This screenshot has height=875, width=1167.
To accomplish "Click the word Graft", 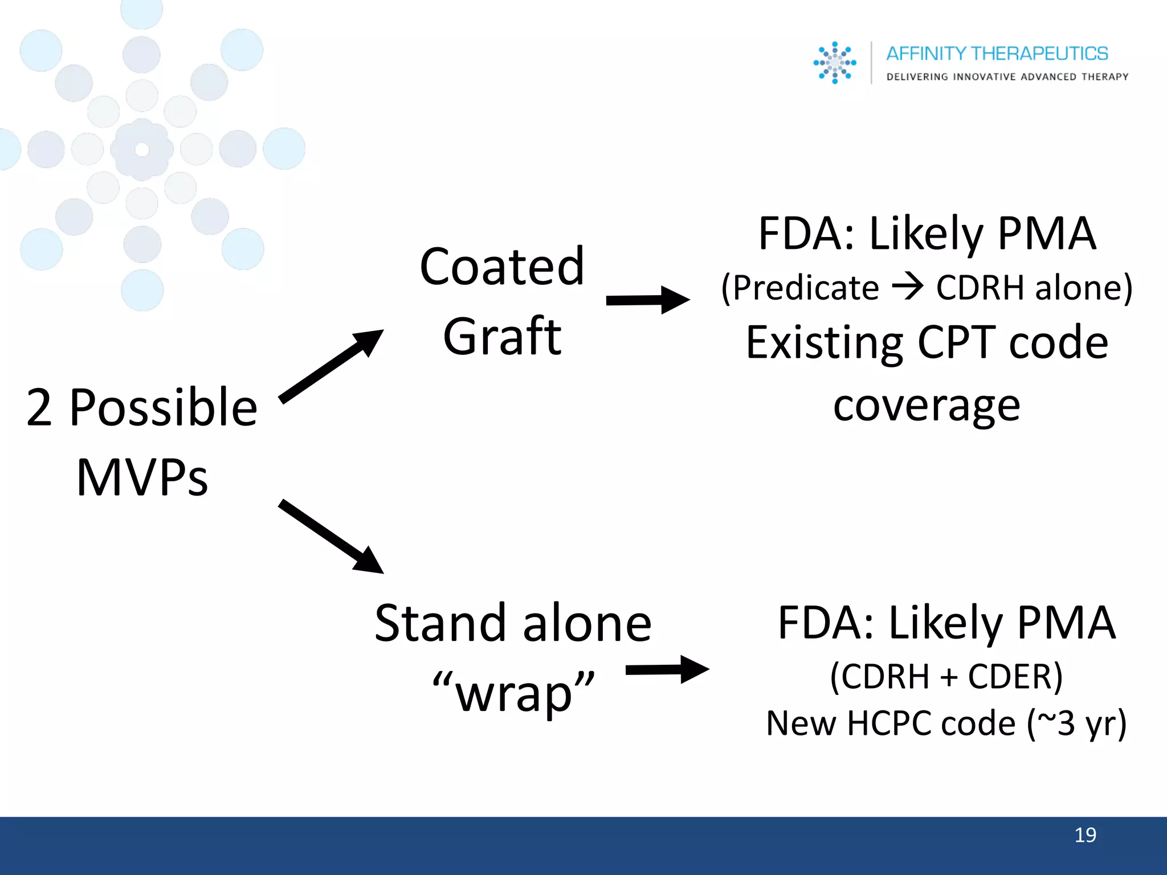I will (x=502, y=337).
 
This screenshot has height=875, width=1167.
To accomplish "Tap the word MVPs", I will (x=142, y=477).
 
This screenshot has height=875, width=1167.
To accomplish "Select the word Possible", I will (x=163, y=407).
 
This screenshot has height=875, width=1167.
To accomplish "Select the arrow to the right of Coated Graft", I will (x=648, y=300).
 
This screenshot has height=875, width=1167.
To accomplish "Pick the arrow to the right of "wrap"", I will (x=667, y=669).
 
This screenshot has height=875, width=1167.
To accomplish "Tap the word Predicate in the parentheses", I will (x=806, y=287).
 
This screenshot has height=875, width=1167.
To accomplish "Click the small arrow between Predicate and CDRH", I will (x=907, y=287).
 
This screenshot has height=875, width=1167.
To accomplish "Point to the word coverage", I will (x=927, y=406).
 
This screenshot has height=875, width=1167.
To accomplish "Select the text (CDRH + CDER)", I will (x=946, y=677).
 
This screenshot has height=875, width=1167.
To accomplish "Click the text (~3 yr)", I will (x=1076, y=723).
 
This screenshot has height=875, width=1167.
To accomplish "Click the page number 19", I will (x=1085, y=835).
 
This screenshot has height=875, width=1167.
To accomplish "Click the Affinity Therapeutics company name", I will (x=997, y=54).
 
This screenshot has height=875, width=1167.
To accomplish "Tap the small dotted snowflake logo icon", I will (x=835, y=63).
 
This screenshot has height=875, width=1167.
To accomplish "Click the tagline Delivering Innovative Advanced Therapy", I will (x=1007, y=77).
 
